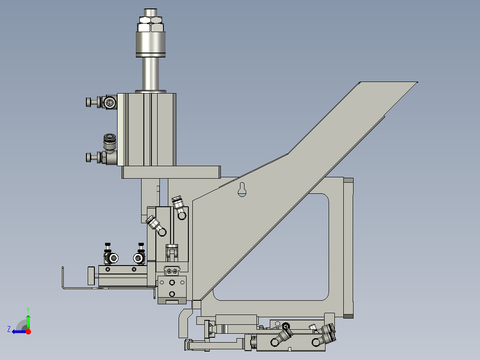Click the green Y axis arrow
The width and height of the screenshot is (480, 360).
pyautogui.click(x=28, y=320)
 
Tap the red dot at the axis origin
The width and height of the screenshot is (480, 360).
pyautogui.click(x=28, y=331)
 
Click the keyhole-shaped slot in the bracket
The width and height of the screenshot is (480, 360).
pyautogui.click(x=242, y=189)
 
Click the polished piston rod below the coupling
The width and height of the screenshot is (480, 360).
pyautogui.click(x=151, y=74)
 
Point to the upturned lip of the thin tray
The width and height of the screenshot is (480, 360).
pyautogui.click(x=63, y=276)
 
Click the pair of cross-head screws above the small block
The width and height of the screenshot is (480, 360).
pyautogui.click(x=173, y=270)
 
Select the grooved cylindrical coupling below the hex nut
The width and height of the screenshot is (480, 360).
pyautogui.click(x=151, y=44)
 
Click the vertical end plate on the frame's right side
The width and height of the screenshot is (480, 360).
pyautogui.click(x=348, y=247)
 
